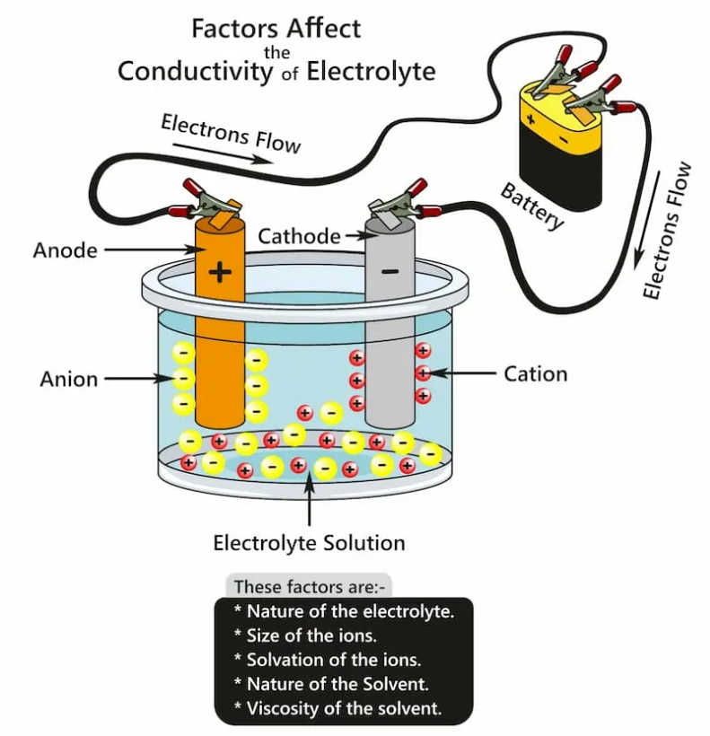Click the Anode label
point(65,250)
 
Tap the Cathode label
point(299,237)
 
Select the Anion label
point(68,379)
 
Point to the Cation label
point(535,373)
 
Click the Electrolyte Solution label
point(309,543)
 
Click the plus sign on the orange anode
point(219,270)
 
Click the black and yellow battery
point(560,148)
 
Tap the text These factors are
point(309,587)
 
